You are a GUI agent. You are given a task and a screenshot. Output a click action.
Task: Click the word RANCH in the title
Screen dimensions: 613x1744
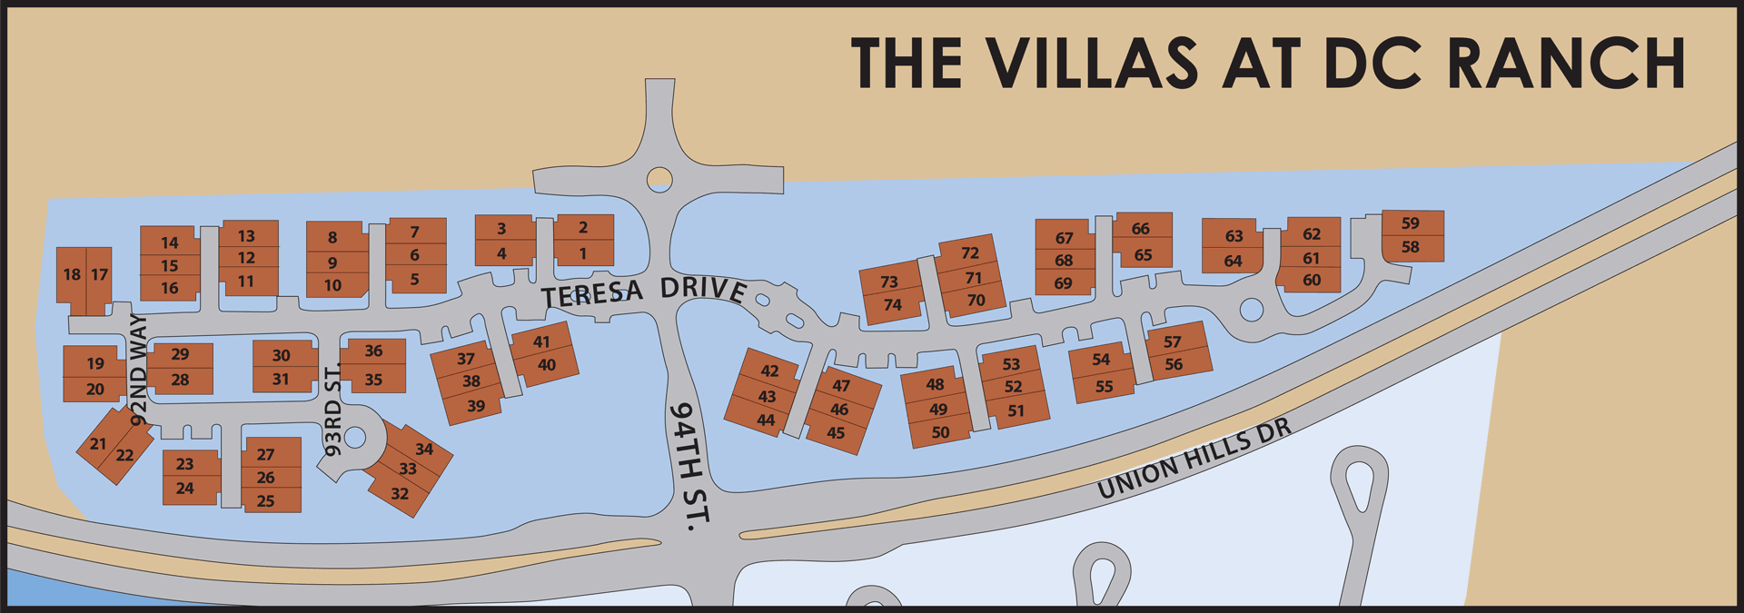click(x=1566, y=64)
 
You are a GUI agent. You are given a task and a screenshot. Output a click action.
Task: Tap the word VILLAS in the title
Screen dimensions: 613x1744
click(x=1092, y=64)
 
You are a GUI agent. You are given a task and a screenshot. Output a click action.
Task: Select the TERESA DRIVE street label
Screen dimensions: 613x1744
click(x=644, y=292)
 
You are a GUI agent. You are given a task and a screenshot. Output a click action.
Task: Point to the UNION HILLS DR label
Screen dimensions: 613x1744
click(x=1194, y=460)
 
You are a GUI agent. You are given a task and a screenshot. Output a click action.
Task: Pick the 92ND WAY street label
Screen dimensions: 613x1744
click(x=138, y=370)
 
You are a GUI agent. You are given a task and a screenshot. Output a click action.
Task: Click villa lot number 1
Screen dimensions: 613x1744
click(x=583, y=254)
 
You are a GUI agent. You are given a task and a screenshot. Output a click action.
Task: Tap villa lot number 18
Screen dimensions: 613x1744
click(x=72, y=274)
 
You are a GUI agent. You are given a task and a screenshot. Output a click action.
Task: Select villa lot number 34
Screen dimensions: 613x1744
click(x=424, y=449)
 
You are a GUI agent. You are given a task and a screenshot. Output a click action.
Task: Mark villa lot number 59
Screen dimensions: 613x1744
click(x=1410, y=222)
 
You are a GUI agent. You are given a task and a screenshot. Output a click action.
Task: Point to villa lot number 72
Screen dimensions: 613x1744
click(x=970, y=252)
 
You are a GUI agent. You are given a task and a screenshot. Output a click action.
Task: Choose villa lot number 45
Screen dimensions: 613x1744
click(x=836, y=433)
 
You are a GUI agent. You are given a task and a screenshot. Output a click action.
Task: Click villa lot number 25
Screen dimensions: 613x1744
click(x=265, y=500)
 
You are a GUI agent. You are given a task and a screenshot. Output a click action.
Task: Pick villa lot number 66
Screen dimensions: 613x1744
click(x=1140, y=229)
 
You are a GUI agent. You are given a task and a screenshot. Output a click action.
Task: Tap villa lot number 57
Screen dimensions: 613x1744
click(x=1172, y=341)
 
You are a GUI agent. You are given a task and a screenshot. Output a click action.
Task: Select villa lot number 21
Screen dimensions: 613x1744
click(x=98, y=444)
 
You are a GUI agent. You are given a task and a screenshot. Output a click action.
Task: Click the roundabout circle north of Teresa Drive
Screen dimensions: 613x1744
click(x=659, y=179)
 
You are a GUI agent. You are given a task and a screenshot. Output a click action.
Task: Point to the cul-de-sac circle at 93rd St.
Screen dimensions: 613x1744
click(x=355, y=438)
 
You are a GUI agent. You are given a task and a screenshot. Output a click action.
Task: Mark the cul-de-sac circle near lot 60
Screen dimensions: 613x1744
click(x=1252, y=310)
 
